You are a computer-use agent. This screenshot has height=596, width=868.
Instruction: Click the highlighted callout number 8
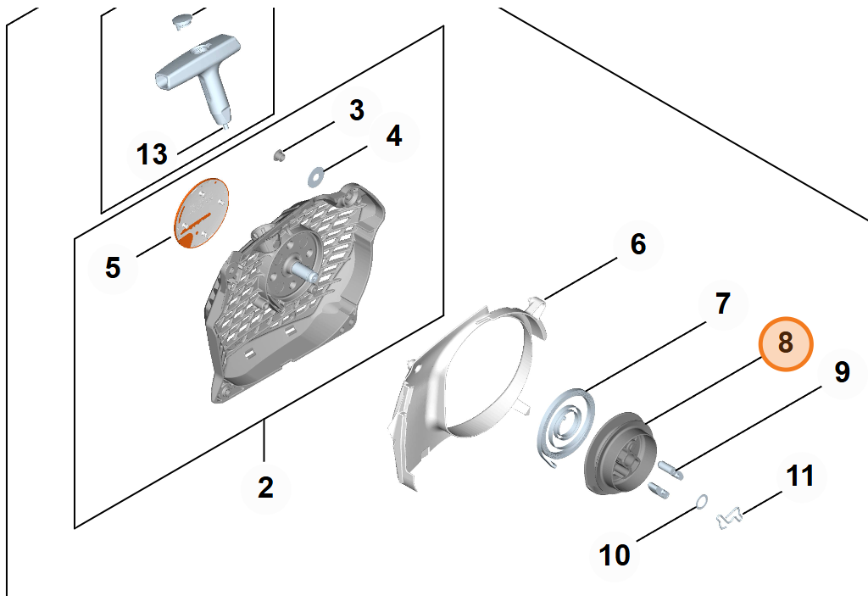tap(786, 343)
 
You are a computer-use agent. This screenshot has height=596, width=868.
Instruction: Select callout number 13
tap(152, 154)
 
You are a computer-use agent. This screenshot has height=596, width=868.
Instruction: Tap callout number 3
tap(357, 110)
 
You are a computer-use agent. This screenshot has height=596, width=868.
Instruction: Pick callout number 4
tap(393, 136)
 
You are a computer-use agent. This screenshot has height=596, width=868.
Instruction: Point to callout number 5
tap(113, 268)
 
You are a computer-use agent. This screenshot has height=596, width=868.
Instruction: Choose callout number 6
tap(638, 244)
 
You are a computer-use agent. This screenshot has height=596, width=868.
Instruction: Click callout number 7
tap(723, 304)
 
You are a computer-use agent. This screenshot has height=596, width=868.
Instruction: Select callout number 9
tap(842, 372)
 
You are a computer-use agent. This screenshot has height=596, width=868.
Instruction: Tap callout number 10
tap(615, 555)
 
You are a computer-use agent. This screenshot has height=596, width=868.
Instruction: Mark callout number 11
tap(800, 476)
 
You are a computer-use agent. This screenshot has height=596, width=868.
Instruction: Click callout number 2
tap(265, 487)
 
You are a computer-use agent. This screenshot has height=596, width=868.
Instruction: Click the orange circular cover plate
tap(202, 214)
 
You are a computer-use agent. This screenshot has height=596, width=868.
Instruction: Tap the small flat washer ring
tap(316, 176)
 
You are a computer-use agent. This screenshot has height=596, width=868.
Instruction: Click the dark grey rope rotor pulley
tap(620, 452)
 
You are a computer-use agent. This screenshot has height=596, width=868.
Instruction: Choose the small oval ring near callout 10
tap(701, 502)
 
